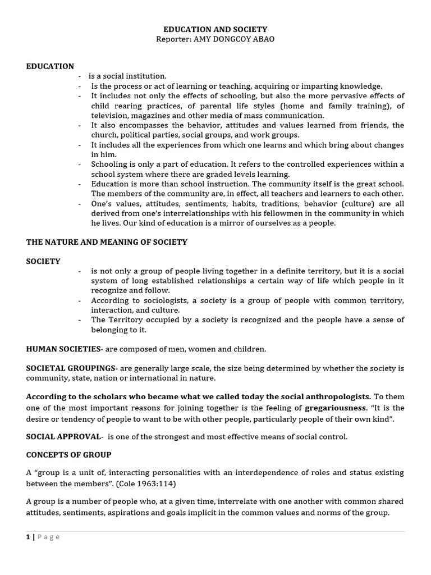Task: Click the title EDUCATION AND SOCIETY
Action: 215,29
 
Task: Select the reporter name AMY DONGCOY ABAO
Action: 235,39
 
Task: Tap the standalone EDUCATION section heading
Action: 50,66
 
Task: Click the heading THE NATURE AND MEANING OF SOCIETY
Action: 107,242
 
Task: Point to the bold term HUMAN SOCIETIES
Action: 63,349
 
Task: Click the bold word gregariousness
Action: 335,407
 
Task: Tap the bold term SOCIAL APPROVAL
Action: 63,436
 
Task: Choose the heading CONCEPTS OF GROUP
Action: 69,454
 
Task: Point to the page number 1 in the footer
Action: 28,537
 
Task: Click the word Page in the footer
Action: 48,537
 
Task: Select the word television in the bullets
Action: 109,115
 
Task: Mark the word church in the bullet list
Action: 104,135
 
